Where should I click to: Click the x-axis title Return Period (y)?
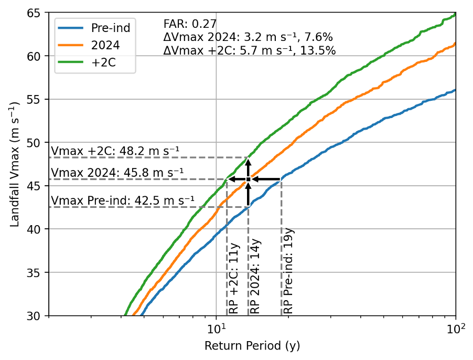[x=252, y=346]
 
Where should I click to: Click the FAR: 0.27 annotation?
[x=190, y=24]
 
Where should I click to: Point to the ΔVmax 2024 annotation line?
[x=248, y=37]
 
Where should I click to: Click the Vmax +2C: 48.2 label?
[x=115, y=151]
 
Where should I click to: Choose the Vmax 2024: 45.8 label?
[x=117, y=172]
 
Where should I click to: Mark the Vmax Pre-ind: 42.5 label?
[x=122, y=200]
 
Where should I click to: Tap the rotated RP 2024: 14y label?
[x=255, y=277]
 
